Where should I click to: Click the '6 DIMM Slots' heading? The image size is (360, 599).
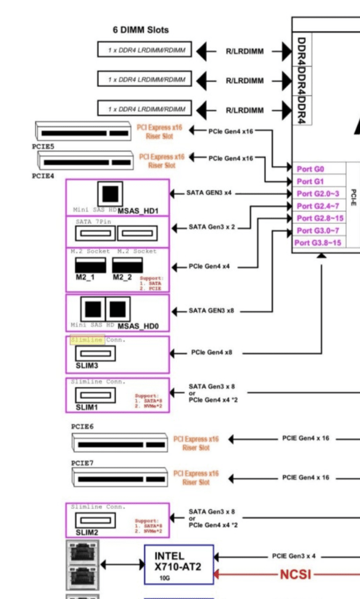141,30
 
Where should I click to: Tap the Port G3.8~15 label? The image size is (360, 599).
319,243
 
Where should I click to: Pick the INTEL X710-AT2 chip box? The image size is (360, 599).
179,564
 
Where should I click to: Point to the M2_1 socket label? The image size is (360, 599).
85,277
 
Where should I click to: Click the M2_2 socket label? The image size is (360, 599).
121,277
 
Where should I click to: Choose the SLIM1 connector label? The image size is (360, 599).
86,407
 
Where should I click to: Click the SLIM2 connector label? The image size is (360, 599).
86,532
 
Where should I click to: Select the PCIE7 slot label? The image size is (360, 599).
82,463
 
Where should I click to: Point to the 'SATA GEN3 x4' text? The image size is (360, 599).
210,193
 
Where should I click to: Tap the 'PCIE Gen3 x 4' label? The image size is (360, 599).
294,556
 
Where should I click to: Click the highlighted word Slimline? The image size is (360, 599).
86,340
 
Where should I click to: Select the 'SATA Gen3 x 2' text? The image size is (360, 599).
211,227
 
